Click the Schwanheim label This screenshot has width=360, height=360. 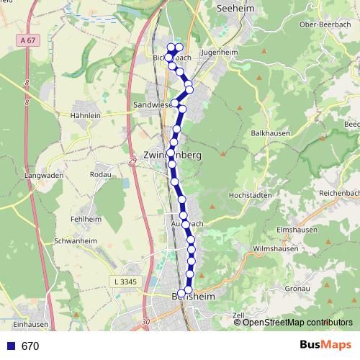(76, 241)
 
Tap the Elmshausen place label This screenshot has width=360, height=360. (296, 230)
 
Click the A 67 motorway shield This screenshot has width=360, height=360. (27, 40)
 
